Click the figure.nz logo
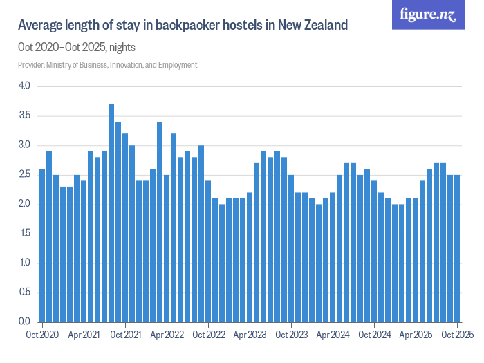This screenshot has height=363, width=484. pos(428,15)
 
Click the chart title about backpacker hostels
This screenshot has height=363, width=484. pos(183,26)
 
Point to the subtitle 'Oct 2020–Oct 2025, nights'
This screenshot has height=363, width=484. pos(76,48)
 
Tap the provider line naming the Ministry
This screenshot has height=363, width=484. pos(107,65)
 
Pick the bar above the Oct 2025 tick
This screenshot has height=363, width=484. pos(457,248)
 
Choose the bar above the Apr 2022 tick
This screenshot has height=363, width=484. pos(167,248)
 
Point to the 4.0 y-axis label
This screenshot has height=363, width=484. pos(25,86)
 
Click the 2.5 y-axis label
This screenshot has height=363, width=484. pos(25,174)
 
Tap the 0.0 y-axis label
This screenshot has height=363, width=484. pos(25,322)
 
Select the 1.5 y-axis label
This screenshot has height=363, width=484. pos(25,233)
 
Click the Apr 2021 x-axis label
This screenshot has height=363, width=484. pos(84,335)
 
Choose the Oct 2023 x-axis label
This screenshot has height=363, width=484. pos(291,335)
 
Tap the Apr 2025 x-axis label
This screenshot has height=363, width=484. pos(416,335)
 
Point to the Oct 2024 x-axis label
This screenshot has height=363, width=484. pos(374,335)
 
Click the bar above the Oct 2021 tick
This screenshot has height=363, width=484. pos(125,227)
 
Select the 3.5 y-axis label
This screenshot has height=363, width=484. pos(25,115)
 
